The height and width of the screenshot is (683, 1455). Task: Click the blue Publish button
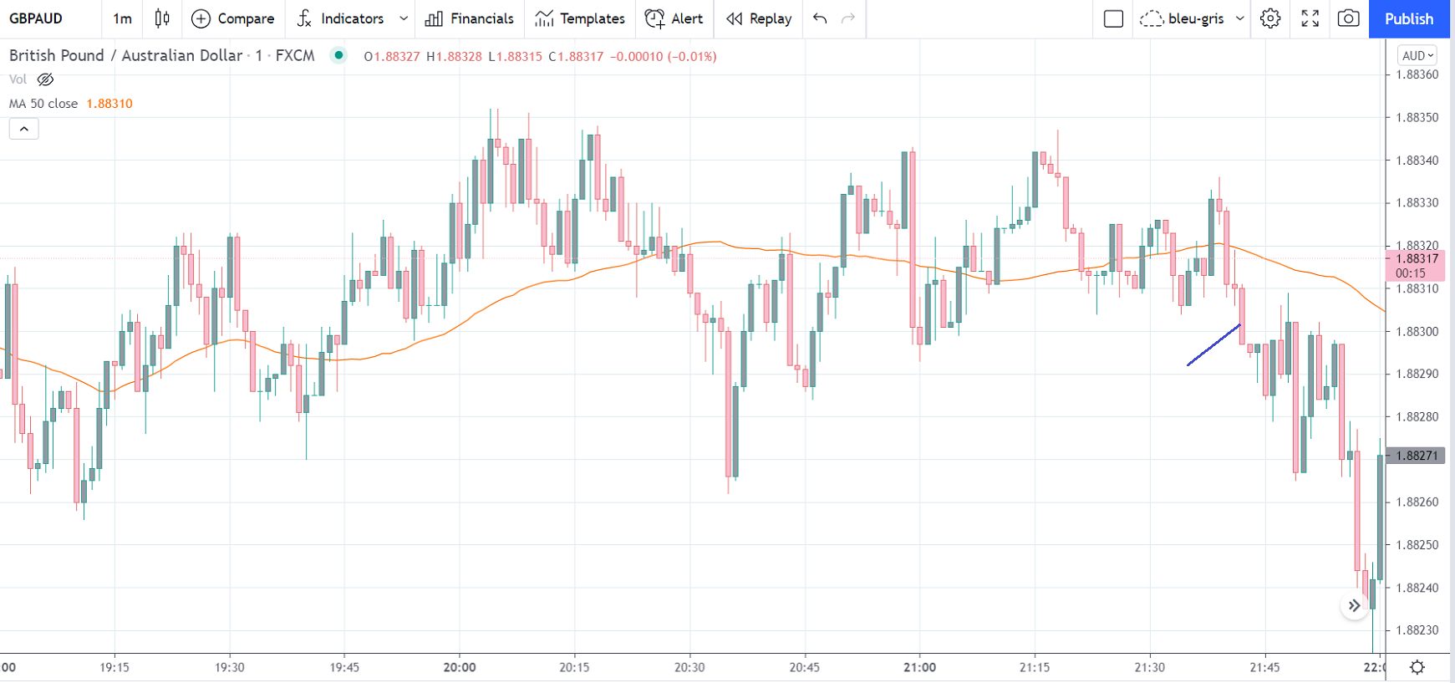coord(1408,18)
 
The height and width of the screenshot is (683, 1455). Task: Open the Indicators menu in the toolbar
coord(343,18)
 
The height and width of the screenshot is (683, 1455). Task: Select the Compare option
coord(233,18)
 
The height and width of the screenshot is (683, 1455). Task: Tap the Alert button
coord(674,18)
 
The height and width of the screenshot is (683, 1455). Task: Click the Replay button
coord(759,18)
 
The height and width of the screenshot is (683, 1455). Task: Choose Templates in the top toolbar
coord(580,18)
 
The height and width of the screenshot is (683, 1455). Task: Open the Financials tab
coord(470,18)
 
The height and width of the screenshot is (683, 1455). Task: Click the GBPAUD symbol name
coord(36,18)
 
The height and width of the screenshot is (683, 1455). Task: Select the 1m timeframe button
coord(122,18)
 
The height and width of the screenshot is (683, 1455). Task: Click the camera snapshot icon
coord(1348,18)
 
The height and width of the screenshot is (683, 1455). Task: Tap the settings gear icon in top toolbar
coord(1270,18)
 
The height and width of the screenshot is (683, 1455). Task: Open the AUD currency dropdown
coord(1417,55)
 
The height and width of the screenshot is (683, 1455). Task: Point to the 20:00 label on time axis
coord(460,667)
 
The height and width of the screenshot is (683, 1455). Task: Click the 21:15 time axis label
coord(1035,667)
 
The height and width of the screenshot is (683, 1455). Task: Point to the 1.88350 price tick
coord(1417,117)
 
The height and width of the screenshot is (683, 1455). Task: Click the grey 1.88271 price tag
coord(1417,456)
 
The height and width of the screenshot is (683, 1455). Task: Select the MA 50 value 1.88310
coord(109,104)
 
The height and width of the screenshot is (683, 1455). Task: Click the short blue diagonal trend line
coord(1213,344)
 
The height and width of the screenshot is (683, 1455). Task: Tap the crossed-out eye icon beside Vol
coord(46,79)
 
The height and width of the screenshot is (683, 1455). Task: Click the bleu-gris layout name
coord(1195,18)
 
